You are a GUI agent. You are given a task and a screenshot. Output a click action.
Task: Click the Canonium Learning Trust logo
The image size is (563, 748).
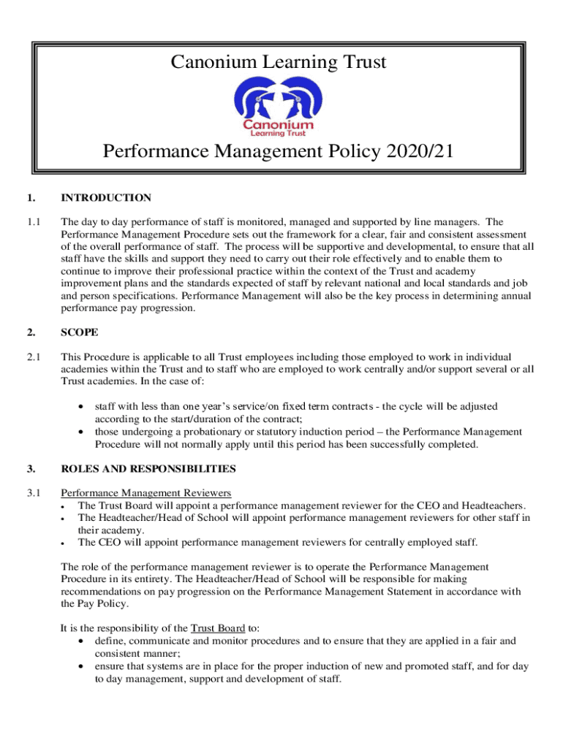(x=279, y=107)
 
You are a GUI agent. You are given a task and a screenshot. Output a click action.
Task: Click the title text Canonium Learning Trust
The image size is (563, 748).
(x=279, y=63)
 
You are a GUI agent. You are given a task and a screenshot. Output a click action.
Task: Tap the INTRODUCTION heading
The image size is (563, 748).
(x=106, y=198)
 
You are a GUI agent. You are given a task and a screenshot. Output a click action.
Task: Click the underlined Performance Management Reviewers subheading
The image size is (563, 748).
(x=146, y=492)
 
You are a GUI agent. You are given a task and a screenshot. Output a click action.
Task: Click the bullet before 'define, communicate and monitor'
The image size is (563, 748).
(x=79, y=641)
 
